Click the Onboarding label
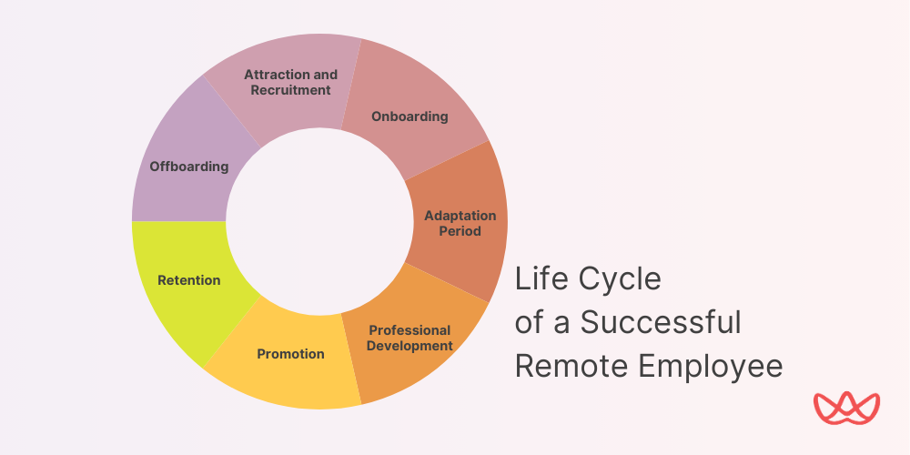pyautogui.click(x=409, y=116)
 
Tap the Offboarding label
pyautogui.click(x=188, y=167)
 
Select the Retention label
pyautogui.click(x=188, y=280)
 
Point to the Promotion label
pyautogui.click(x=290, y=354)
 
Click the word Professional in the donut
pyautogui.click(x=409, y=330)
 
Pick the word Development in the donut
pyautogui.click(x=410, y=346)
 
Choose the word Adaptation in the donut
pyautogui.click(x=460, y=216)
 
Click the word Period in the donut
pyautogui.click(x=460, y=231)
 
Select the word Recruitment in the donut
pyautogui.click(x=290, y=90)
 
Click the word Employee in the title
pyautogui.click(x=710, y=366)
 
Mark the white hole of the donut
pyautogui.click(x=319, y=221)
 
